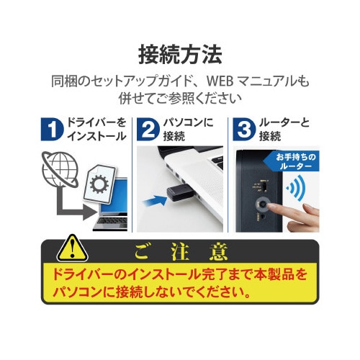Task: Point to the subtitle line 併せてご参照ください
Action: pyautogui.click(x=179, y=97)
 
